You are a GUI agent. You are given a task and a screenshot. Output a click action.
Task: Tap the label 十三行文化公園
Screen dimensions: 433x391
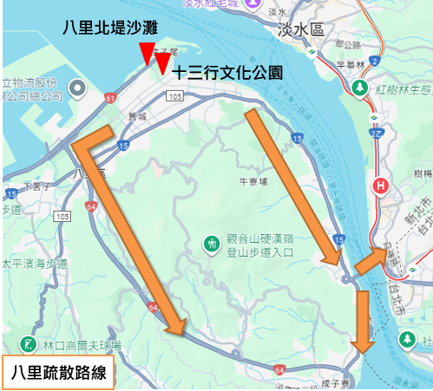point(227,73)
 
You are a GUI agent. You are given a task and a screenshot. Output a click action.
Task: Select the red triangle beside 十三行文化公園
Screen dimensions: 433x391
point(163,62)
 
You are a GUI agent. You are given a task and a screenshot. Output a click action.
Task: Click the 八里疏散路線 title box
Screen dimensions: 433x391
point(58,374)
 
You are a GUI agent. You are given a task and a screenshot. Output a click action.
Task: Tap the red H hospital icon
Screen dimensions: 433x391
point(380,186)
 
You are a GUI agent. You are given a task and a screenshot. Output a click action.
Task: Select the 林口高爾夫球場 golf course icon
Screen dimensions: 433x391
point(30,344)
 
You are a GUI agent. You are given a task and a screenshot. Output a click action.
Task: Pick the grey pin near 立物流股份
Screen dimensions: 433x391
point(77,88)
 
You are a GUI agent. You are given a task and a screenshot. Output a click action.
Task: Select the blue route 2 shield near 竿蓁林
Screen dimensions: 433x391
point(373,61)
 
